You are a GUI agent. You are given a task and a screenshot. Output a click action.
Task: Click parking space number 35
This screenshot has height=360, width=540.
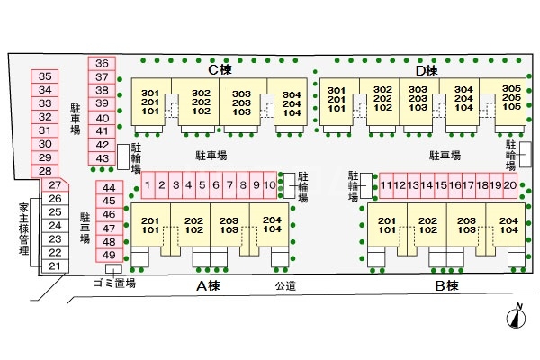tap(46, 77)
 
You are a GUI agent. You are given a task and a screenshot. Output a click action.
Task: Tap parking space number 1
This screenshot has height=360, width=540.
tap(147, 186)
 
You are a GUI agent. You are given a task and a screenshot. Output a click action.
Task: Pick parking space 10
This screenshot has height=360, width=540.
tap(269, 186)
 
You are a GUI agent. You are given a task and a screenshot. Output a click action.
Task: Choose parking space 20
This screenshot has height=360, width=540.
tap(510, 186)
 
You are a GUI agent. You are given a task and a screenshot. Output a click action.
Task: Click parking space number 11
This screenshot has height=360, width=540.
tap(386, 186)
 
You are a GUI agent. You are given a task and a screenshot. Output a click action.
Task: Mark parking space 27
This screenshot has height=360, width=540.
tap(55, 185)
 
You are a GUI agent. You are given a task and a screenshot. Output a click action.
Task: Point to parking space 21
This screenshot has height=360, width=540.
tap(55, 266)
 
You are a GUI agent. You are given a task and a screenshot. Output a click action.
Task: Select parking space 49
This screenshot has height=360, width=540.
tap(110, 255)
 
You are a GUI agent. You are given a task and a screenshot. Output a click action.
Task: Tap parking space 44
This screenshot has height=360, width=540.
tap(110, 187)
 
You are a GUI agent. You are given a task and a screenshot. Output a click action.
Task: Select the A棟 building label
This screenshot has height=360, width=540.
tap(208, 286)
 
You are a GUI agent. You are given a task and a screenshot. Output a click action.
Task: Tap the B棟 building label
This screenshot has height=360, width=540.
tap(447, 286)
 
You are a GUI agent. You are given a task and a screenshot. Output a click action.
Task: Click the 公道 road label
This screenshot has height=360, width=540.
tap(285, 286)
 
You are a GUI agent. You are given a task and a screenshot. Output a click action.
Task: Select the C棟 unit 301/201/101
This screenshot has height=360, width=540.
tap(149, 103)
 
